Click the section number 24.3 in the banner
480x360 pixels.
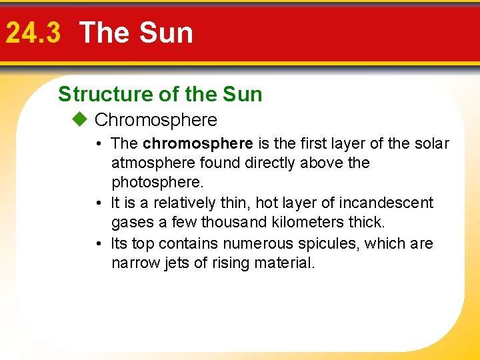pyautogui.click(x=33, y=33)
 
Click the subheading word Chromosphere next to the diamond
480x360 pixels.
pyautogui.click(x=156, y=120)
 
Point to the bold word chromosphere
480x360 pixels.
pyautogui.click(x=198, y=144)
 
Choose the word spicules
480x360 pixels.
pyautogui.click(x=327, y=244)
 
